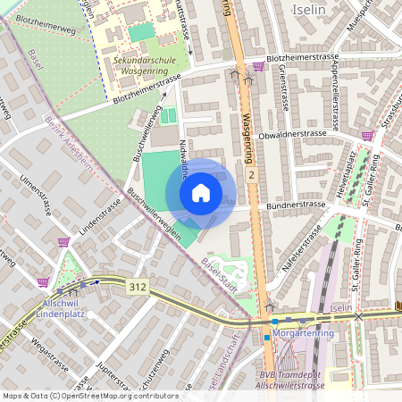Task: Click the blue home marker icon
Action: [x=201, y=193]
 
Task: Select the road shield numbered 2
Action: [x=253, y=176]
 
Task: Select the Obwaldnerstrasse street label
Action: [x=291, y=133]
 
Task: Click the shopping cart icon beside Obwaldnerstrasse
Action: [x=366, y=136]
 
